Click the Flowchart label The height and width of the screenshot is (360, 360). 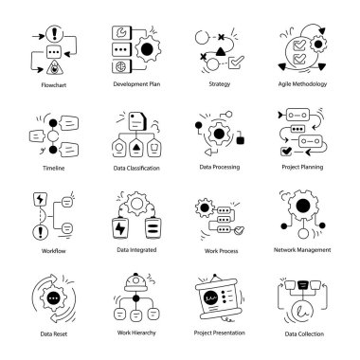[54, 85]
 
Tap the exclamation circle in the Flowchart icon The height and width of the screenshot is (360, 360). [55, 34]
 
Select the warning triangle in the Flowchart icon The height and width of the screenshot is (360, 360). [55, 67]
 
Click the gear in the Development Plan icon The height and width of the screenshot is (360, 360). [148, 49]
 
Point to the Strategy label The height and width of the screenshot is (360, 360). [220, 84]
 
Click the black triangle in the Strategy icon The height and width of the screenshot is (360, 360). [221, 51]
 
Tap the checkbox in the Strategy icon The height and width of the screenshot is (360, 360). [235, 63]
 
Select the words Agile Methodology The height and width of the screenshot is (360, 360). [302, 84]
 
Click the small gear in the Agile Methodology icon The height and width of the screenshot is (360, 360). [318, 44]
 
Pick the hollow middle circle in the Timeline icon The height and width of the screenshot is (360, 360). [53, 136]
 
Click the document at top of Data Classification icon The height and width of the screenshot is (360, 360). [137, 120]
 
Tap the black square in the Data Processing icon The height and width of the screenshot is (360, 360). [241, 139]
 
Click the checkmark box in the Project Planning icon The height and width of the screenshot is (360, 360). [286, 152]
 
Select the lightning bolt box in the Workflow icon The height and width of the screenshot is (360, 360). [40, 199]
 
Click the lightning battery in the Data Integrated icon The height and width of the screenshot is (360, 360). [119, 228]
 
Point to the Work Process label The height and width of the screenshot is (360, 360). [221, 251]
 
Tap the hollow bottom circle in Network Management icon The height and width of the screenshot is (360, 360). [303, 233]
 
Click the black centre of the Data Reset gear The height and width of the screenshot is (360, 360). [53, 297]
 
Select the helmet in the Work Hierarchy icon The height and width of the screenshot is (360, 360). [136, 282]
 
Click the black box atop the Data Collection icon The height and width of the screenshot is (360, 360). [302, 285]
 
